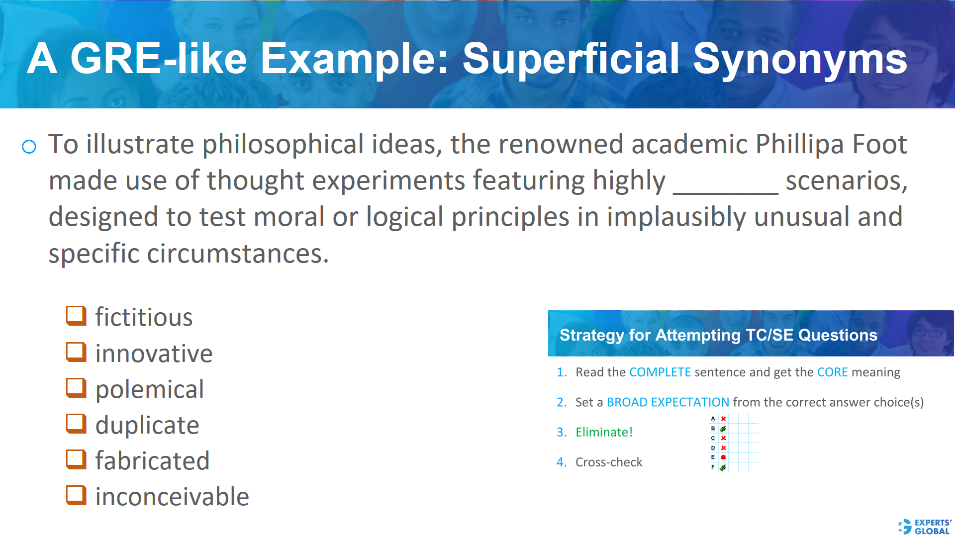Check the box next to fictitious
pos(76,316)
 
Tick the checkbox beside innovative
pos(76,352)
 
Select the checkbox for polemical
pos(76,388)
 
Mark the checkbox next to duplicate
pos(76,424)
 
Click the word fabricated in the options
pos(152,460)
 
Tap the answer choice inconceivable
pos(172,496)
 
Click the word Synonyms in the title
pos(800,59)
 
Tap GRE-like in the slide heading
pos(158,59)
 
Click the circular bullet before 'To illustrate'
pos(29,146)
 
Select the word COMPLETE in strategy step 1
pos(660,372)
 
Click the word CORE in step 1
pos(832,372)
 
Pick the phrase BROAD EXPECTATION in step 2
pos(668,402)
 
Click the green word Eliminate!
pos(604,432)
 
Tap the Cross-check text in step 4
pos(609,462)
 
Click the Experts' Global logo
pos(925,527)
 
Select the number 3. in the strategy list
pos(562,432)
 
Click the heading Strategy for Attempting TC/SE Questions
pos(718,335)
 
